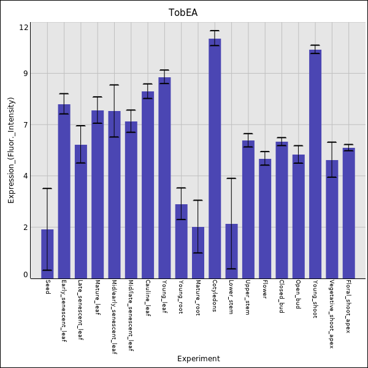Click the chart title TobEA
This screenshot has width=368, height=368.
point(183,13)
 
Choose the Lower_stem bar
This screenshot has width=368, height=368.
point(231,250)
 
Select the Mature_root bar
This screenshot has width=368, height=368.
point(198,251)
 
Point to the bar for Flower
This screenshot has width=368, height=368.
point(265,218)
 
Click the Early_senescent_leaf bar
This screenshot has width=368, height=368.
point(64,190)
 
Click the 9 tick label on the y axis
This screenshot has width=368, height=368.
point(26,74)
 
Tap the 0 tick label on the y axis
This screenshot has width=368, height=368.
point(26,275)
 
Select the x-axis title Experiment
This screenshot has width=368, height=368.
point(198,359)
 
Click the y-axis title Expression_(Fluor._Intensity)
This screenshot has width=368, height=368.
point(11,150)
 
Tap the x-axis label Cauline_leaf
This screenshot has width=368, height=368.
point(147,297)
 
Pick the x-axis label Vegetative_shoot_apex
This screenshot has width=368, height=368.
point(331,314)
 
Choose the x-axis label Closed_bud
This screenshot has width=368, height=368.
point(281,297)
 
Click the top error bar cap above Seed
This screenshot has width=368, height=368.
point(47,188)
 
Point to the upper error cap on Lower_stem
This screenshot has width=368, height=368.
point(231,178)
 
